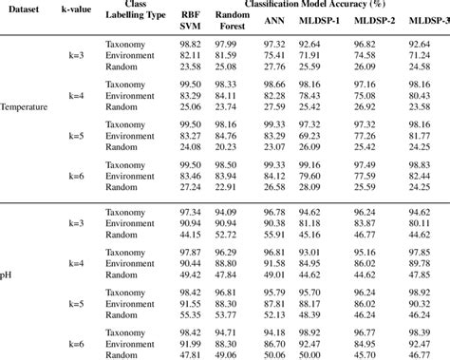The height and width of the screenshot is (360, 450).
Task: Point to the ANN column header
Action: click(273, 19)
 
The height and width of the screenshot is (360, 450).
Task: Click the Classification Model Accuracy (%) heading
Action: click(309, 6)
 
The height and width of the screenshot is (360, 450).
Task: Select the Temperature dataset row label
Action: click(24, 107)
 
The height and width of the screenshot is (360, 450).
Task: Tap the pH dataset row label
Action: click(8, 275)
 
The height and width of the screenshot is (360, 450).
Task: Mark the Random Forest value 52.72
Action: click(226, 235)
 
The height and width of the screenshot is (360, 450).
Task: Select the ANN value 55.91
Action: click(274, 235)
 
